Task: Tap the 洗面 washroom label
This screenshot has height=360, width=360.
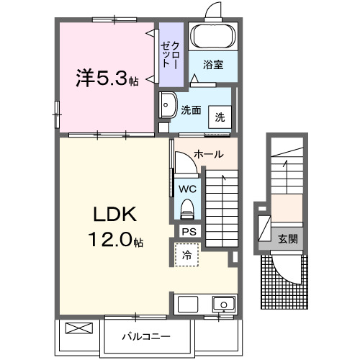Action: pyautogui.click(x=190, y=111)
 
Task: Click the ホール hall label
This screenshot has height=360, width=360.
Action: pyautogui.click(x=208, y=154)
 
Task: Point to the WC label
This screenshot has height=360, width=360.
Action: pyautogui.click(x=187, y=189)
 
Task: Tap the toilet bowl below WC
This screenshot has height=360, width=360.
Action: pyautogui.click(x=187, y=209)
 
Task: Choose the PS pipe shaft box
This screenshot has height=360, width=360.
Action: pyautogui.click(x=189, y=232)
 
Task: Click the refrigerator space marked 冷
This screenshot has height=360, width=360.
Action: pyautogui.click(x=186, y=254)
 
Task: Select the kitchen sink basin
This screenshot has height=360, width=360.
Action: pyautogui.click(x=222, y=303)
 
